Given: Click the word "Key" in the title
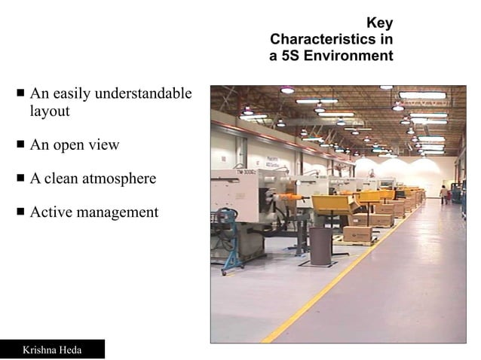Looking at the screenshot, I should [x=379, y=22].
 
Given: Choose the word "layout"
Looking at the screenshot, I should [x=50, y=111].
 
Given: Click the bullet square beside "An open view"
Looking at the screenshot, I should [x=21, y=145].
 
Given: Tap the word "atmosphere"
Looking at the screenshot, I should [x=121, y=178].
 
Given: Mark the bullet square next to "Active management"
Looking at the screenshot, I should [x=21, y=212].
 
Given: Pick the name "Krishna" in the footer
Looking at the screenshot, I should [x=42, y=350].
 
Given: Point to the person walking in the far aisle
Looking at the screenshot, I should [x=443, y=194].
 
